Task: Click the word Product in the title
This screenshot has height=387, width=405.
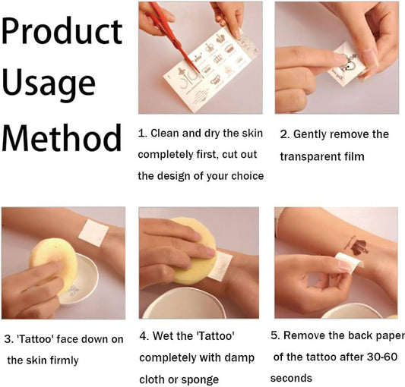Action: [x=62, y=31]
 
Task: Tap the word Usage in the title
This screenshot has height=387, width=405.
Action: [x=49, y=83]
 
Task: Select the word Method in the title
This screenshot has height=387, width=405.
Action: [x=62, y=137]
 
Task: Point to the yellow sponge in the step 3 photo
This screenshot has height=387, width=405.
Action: [x=53, y=264]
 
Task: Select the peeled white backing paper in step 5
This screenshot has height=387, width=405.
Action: [x=350, y=263]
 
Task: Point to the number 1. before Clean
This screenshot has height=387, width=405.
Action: [x=143, y=134]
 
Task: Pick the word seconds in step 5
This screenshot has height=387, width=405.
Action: [x=291, y=378]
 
